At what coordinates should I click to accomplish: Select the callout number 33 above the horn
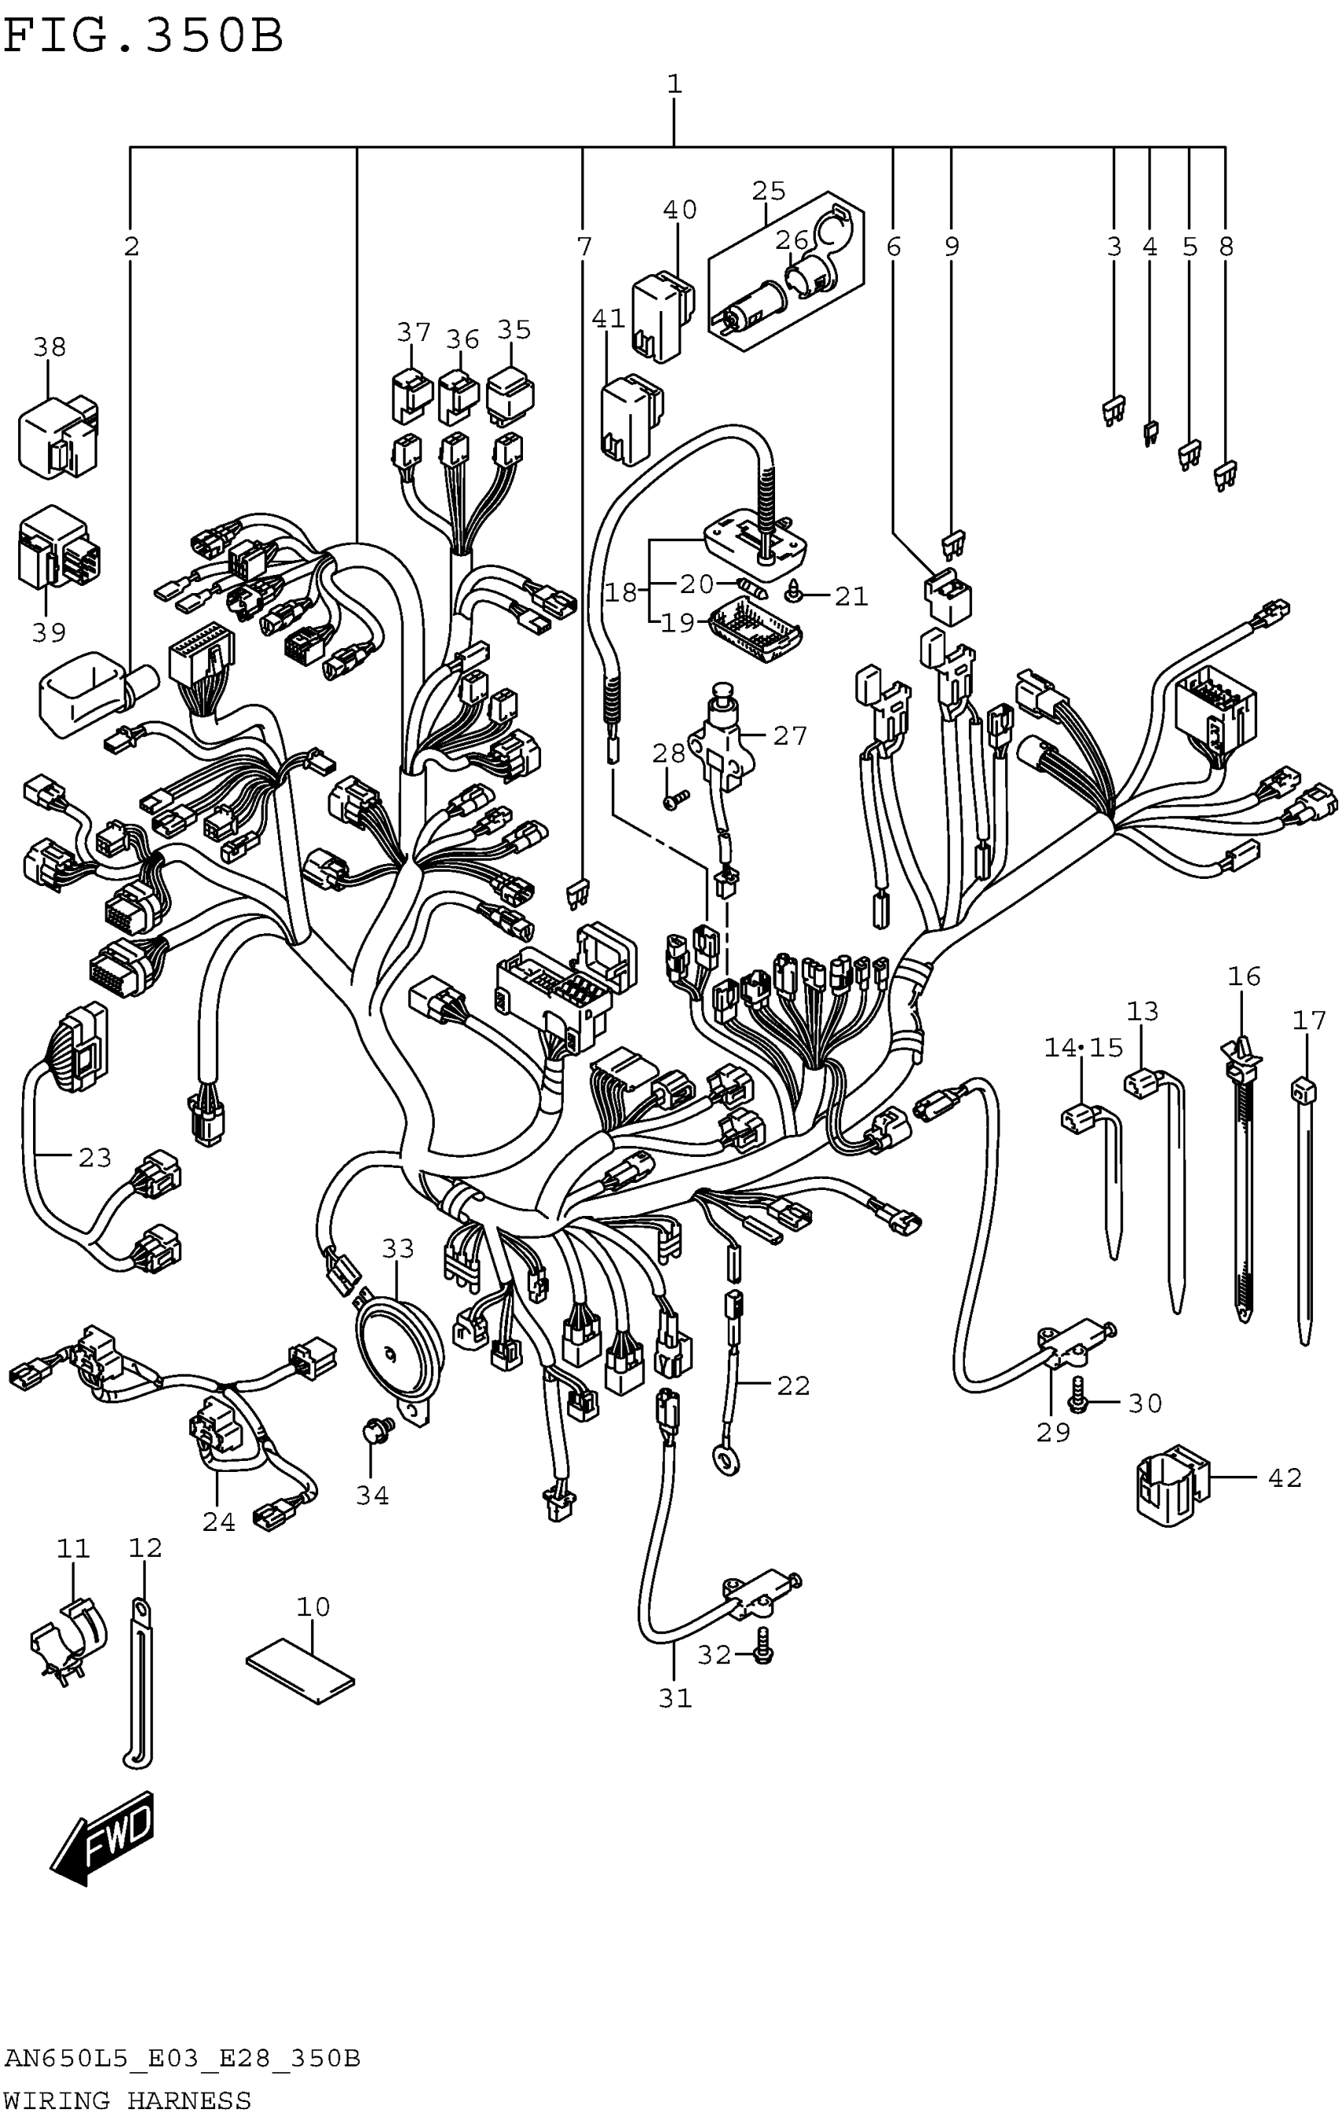(x=398, y=1248)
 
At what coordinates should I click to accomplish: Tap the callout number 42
(x=1285, y=1477)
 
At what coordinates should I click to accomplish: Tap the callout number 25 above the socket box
(x=768, y=191)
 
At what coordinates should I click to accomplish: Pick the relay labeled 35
(x=510, y=395)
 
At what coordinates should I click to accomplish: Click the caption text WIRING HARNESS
(x=128, y=2100)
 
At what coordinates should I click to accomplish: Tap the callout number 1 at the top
(x=674, y=85)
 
